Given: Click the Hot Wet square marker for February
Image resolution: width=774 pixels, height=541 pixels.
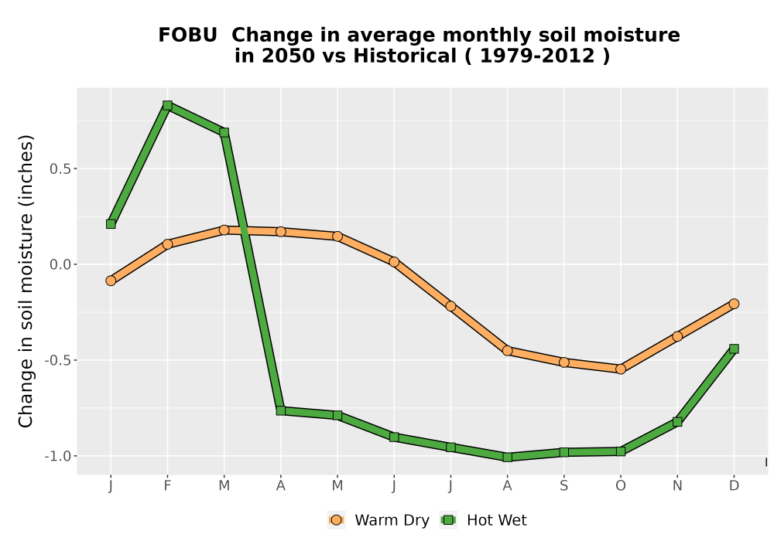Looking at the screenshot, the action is tap(167, 105).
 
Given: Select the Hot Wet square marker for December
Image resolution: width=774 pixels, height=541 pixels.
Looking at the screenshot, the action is tap(734, 349).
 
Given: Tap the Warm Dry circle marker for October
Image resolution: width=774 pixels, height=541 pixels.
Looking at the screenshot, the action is tap(621, 369).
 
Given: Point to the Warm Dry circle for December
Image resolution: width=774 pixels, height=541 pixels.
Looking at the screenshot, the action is tap(734, 304).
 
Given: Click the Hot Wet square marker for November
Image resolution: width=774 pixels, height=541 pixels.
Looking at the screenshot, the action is tap(677, 422).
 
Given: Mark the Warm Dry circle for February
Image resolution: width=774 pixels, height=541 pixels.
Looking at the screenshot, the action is tap(167, 244).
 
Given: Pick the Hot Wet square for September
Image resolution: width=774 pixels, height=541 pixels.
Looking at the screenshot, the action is tap(564, 452).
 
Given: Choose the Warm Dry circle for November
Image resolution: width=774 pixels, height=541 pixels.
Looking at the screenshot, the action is tap(677, 336).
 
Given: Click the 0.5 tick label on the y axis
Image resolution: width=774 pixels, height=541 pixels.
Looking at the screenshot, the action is tap(60, 169).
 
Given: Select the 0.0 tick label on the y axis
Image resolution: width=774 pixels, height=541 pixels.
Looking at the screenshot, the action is tap(60, 264).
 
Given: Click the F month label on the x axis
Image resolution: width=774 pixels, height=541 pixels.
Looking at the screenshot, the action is tap(167, 486).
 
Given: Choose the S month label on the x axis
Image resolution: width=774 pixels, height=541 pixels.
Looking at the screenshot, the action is tap(564, 486).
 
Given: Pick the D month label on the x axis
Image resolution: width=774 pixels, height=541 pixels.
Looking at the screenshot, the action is tap(734, 486).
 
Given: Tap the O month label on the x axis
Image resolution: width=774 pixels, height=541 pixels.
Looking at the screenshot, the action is tap(621, 486).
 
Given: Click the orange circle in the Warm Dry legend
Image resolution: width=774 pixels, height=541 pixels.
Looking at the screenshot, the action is tap(336, 520).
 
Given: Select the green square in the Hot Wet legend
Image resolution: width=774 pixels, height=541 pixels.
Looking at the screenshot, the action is tap(448, 520).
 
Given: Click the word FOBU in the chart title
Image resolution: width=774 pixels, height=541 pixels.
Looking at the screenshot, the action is tap(187, 36).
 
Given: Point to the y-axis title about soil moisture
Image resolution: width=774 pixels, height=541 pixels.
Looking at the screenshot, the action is tap(26, 281).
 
